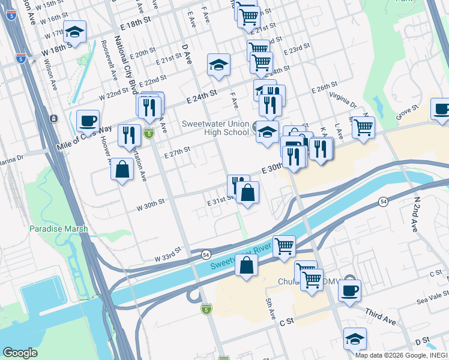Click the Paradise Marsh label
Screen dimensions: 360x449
tap(59, 229)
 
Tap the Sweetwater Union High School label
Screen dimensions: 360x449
tap(215, 128)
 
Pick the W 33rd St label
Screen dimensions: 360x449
tap(167, 254)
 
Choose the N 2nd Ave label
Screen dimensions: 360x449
tap(414, 214)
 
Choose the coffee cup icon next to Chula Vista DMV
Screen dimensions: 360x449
tap(349, 290)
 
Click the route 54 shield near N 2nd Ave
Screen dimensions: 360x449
tap(382, 203)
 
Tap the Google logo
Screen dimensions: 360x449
tap(20, 353)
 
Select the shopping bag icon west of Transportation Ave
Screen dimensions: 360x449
tap(122, 169)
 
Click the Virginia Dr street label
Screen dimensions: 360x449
tap(343, 100)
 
